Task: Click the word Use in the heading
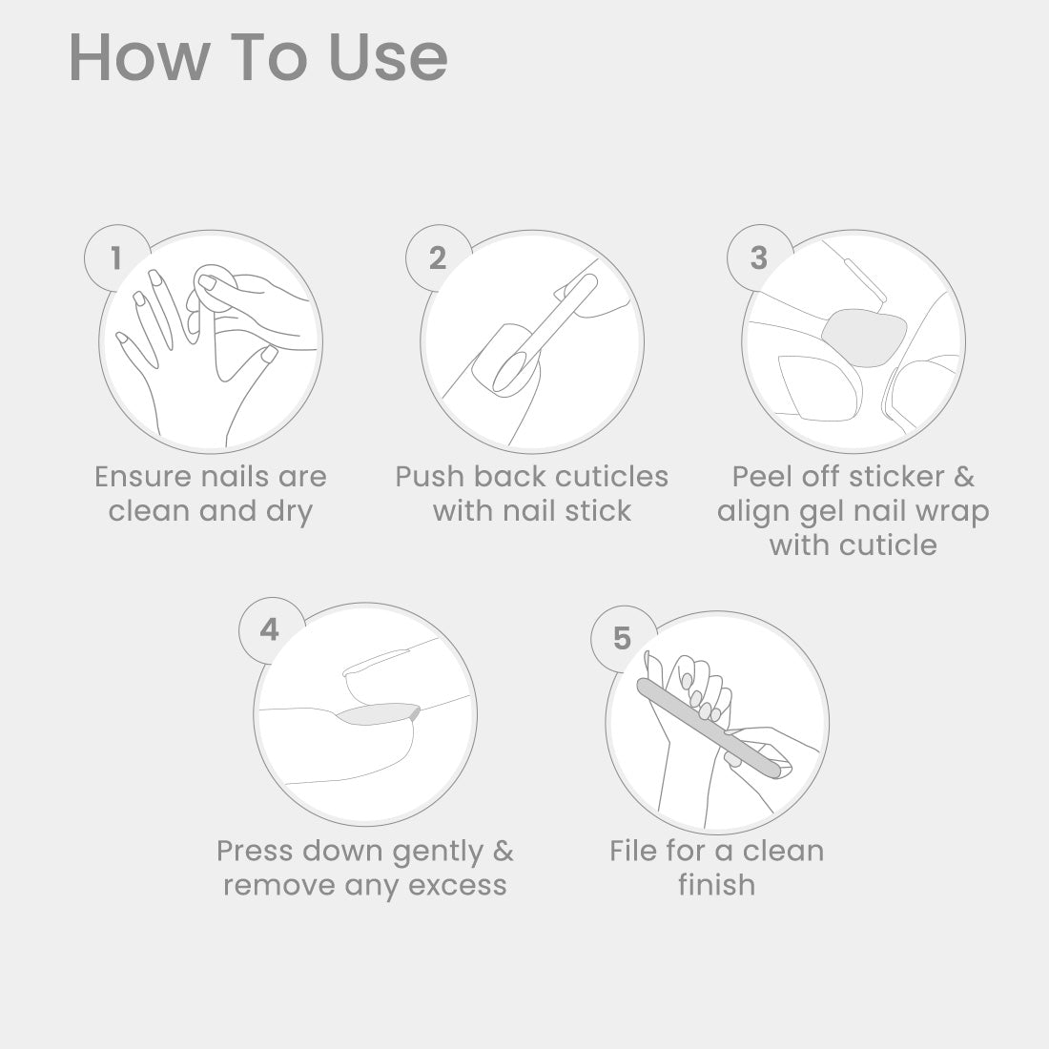click(388, 57)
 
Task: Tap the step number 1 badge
click(117, 258)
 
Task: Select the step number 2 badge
click(439, 258)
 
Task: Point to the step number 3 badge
click(759, 258)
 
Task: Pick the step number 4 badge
click(270, 630)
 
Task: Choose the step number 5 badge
click(623, 639)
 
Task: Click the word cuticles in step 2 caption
click(611, 477)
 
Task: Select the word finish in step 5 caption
click(716, 884)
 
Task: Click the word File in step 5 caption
click(633, 851)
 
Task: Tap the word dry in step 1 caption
click(289, 512)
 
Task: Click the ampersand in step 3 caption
click(964, 477)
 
